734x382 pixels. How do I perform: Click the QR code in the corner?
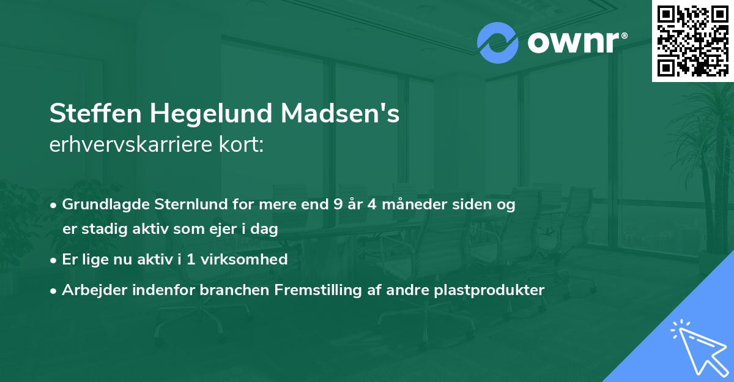[x=692, y=40]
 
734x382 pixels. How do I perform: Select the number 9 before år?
[x=338, y=204]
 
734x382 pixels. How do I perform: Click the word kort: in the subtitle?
[x=245, y=145]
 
